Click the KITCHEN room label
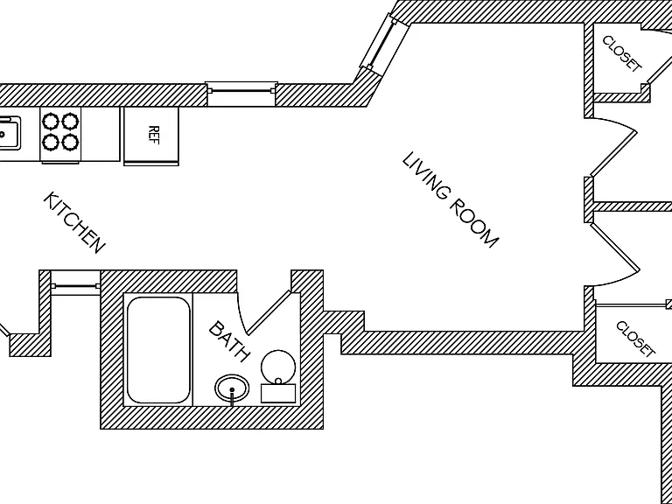[74, 222]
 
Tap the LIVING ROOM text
[451, 199]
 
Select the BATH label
[229, 341]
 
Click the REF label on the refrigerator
[153, 135]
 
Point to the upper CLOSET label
[622, 53]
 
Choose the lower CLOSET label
[635, 339]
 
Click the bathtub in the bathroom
[158, 350]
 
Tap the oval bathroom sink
[232, 388]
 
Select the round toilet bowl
[278, 367]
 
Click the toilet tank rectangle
[278, 394]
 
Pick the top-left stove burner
[51, 122]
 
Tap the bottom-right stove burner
[70, 142]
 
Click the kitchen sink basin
[9, 134]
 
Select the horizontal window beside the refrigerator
[241, 90]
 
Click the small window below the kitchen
[75, 286]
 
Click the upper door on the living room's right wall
[612, 147]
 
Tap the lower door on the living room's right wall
[612, 254]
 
